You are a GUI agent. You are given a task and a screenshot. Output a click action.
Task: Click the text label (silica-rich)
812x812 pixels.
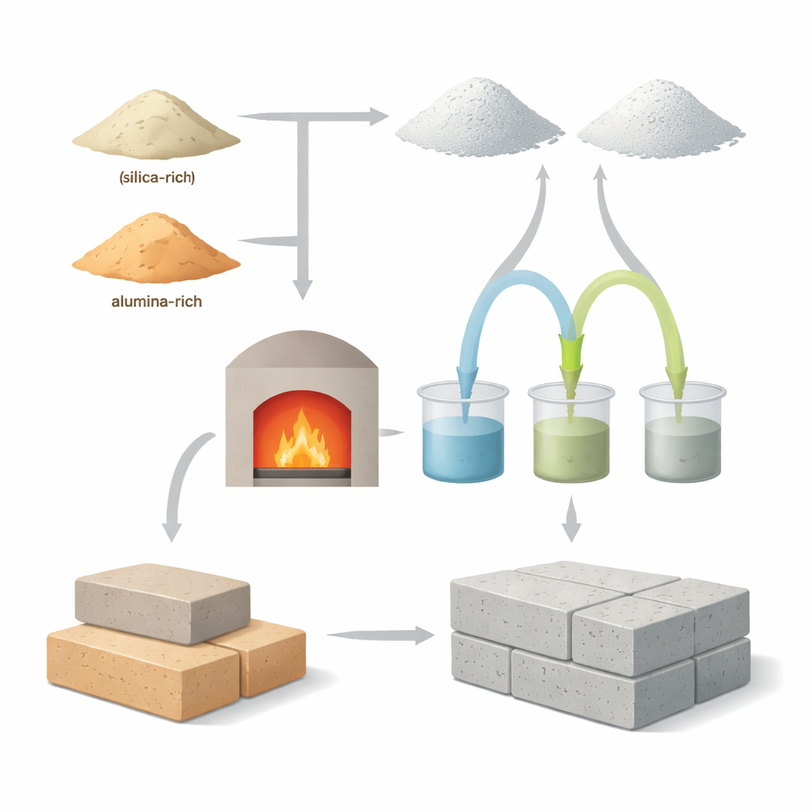coord(157,178)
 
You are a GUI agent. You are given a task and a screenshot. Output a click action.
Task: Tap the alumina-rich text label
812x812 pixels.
coord(156,301)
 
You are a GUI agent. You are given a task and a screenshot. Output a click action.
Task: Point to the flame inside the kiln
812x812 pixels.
coord(302,439)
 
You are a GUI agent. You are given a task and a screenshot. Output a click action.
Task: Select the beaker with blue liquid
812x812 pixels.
coord(462,431)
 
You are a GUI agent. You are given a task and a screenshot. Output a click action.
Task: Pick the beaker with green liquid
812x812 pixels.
coord(571,432)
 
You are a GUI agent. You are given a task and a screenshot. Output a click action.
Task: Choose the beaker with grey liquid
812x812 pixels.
coord(683,432)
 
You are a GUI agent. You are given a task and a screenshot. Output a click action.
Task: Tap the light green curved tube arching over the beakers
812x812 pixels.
coord(629,280)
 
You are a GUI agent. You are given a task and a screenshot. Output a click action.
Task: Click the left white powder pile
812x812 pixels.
coord(479,118)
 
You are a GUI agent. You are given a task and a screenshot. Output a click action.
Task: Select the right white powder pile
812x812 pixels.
coord(661,119)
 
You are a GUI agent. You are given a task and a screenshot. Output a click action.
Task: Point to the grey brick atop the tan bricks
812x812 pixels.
coord(163,603)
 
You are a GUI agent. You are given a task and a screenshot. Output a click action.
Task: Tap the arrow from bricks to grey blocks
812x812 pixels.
coord(381,635)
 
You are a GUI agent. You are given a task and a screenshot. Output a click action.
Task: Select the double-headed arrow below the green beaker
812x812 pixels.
coord(571,519)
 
